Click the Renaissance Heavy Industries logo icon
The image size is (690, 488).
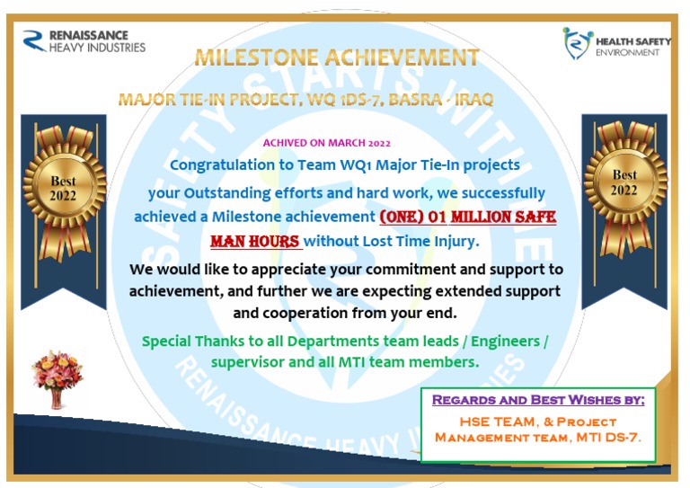[x=34, y=40]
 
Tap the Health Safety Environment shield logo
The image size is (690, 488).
[x=578, y=43]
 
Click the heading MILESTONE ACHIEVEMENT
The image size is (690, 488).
[x=337, y=58]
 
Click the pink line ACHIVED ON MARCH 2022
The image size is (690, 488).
[x=326, y=143]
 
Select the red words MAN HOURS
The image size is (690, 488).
[x=255, y=242]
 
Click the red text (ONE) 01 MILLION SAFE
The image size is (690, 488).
[x=467, y=217]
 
